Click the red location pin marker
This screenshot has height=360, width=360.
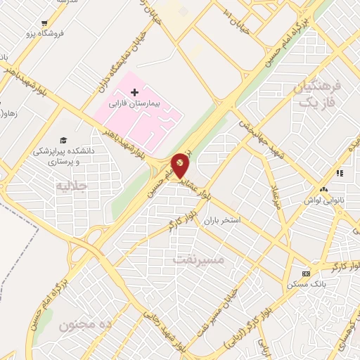pyautogui.click(x=181, y=166)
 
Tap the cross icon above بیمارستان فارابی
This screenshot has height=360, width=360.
pyautogui.click(x=134, y=92)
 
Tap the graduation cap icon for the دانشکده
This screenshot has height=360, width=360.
pyautogui.click(x=63, y=140)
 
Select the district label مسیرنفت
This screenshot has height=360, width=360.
pyautogui.click(x=199, y=259)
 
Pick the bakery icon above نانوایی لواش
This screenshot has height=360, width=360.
pyautogui.click(x=323, y=190)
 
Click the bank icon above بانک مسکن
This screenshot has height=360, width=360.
pyautogui.click(x=306, y=274)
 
